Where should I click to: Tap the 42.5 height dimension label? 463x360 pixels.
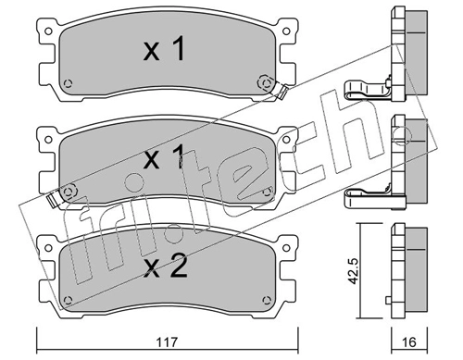353,271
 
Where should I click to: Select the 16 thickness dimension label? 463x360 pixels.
409,342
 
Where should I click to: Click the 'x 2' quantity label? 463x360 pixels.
166,267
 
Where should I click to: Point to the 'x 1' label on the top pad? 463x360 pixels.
165,49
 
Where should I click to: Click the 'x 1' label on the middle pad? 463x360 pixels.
165,157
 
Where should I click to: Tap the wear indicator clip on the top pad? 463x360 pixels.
282,92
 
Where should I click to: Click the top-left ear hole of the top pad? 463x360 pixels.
48,31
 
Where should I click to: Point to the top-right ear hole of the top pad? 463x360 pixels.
286,31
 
